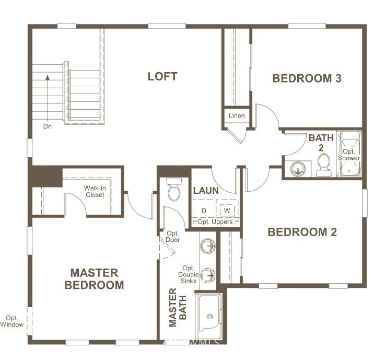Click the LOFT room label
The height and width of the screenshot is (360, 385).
pyautogui.click(x=162, y=76)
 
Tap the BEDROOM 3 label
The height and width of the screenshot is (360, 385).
pyautogui.click(x=307, y=78)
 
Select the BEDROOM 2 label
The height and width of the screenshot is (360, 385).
pyautogui.click(x=302, y=232)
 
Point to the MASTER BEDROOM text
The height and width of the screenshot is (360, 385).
pyautogui.click(x=94, y=279)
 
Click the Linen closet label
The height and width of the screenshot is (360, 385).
pyautogui.click(x=237, y=115)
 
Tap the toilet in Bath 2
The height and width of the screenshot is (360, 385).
pyautogui.click(x=323, y=165)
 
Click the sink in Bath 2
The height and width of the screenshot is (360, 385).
pyautogui.click(x=298, y=169)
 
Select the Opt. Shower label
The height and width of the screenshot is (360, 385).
pyautogui.click(x=349, y=155)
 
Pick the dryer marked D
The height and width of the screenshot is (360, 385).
pyautogui.click(x=204, y=211)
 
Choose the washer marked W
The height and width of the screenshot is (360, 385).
pyautogui.click(x=227, y=210)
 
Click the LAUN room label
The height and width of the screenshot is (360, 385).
pyautogui.click(x=206, y=191)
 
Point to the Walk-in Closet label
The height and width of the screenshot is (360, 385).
pyautogui.click(x=95, y=192)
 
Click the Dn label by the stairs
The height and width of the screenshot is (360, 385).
pyautogui.click(x=48, y=126)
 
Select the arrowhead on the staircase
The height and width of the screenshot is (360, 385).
pyautogui.click(x=48, y=78)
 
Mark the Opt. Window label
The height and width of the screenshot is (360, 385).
pyautogui.click(x=12, y=321)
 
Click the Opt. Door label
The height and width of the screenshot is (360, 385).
pyautogui.click(x=173, y=237)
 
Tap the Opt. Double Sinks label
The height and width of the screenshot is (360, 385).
pyautogui.click(x=189, y=274)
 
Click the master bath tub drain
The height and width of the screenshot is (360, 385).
pyautogui.click(x=210, y=317)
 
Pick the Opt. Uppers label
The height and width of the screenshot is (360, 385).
pyautogui.click(x=215, y=222)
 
